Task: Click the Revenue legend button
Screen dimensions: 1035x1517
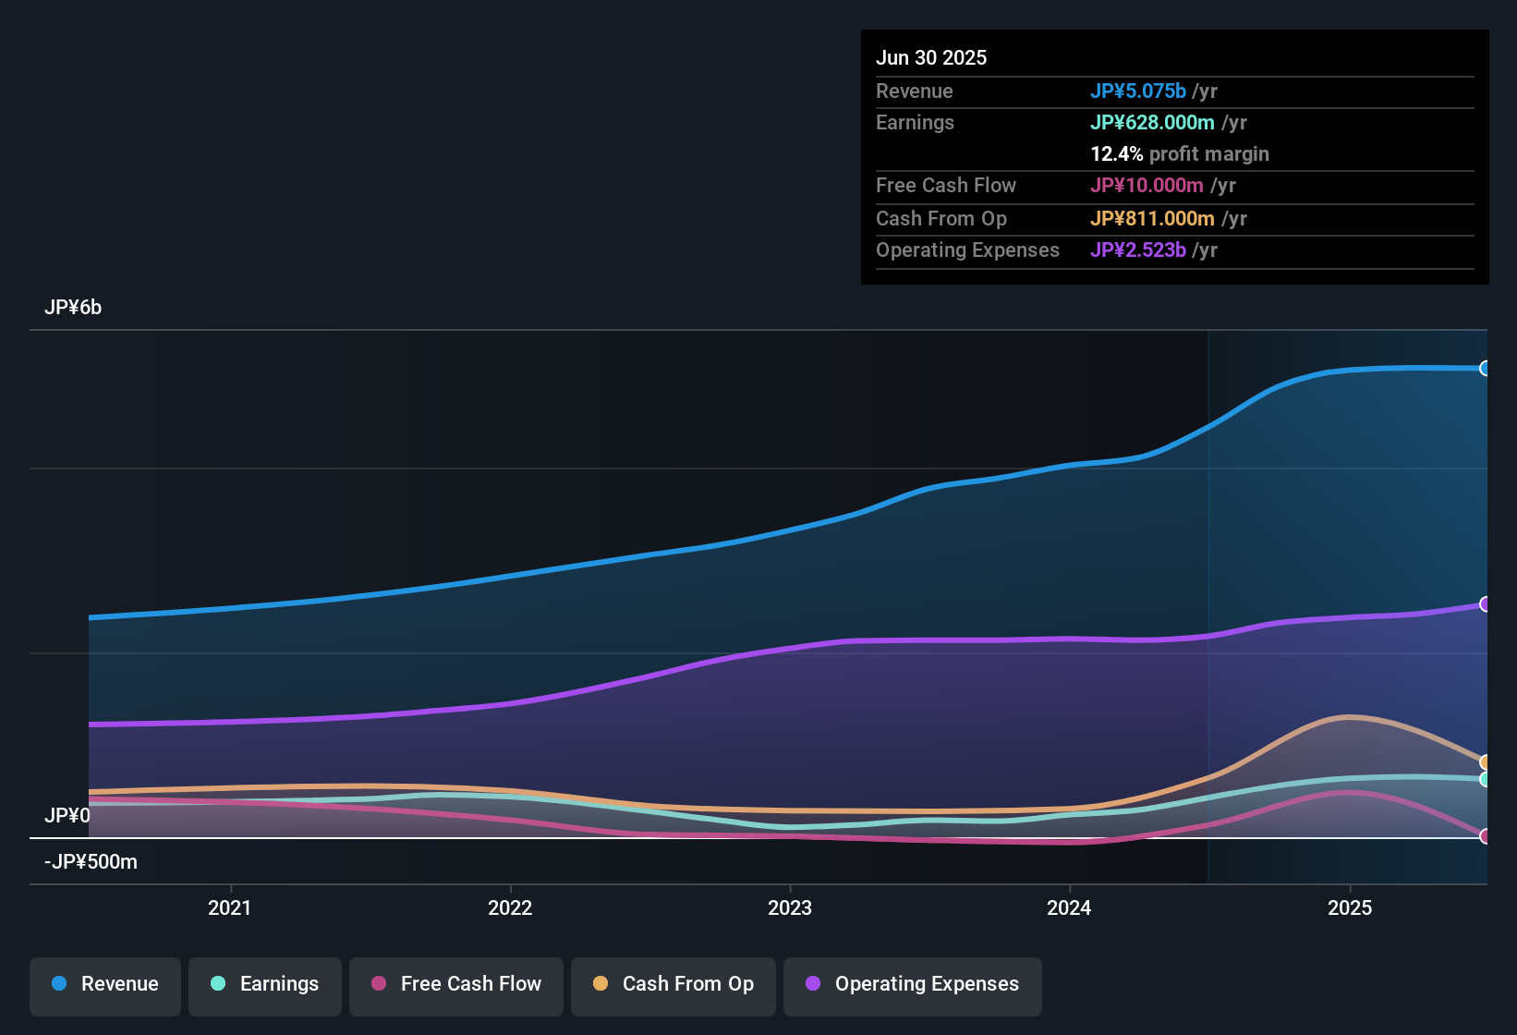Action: [105, 984]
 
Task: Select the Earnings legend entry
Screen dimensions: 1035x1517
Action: [265, 984]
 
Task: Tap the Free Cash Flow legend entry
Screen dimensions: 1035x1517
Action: [456, 984]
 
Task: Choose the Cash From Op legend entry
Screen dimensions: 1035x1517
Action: [674, 984]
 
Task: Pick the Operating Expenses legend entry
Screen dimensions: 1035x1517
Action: [913, 984]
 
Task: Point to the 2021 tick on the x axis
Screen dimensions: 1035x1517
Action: [230, 907]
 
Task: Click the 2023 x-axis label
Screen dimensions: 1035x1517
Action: [790, 907]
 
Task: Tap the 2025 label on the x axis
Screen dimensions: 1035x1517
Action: [1350, 907]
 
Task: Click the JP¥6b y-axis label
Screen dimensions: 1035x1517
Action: [73, 308]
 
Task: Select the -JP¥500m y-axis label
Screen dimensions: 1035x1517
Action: [91, 862]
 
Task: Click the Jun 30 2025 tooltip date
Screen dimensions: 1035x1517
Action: [931, 58]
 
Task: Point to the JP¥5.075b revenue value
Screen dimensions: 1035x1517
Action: [1137, 91]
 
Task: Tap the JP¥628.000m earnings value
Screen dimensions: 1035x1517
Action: [1152, 123]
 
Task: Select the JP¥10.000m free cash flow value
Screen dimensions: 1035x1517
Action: [1147, 186]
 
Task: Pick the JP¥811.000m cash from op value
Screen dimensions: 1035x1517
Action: [1152, 219]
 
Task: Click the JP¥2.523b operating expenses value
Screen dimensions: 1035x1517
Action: [1137, 250]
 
